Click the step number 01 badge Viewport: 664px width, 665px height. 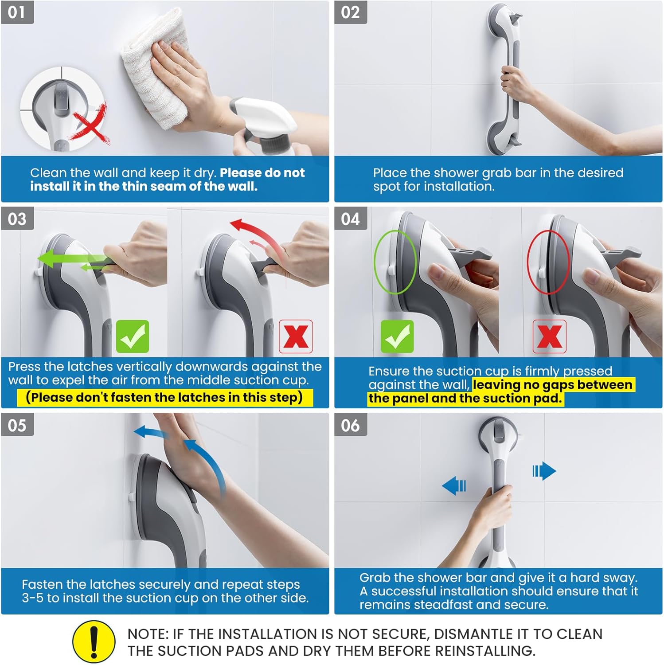(x=17, y=12)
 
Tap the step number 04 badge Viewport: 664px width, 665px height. (x=350, y=219)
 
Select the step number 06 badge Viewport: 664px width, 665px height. (x=350, y=425)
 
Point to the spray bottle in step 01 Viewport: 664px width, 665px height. (x=266, y=124)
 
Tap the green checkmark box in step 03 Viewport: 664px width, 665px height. (x=133, y=336)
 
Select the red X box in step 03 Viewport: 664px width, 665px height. (x=296, y=336)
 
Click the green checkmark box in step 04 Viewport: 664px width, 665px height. (x=397, y=336)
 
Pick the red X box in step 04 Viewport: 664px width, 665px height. (x=549, y=336)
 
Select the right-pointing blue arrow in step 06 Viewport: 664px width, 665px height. (x=544, y=471)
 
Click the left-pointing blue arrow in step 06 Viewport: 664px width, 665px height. (x=454, y=486)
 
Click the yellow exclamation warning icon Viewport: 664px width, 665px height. (x=94, y=642)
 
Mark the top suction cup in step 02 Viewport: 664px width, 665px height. (x=503, y=18)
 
